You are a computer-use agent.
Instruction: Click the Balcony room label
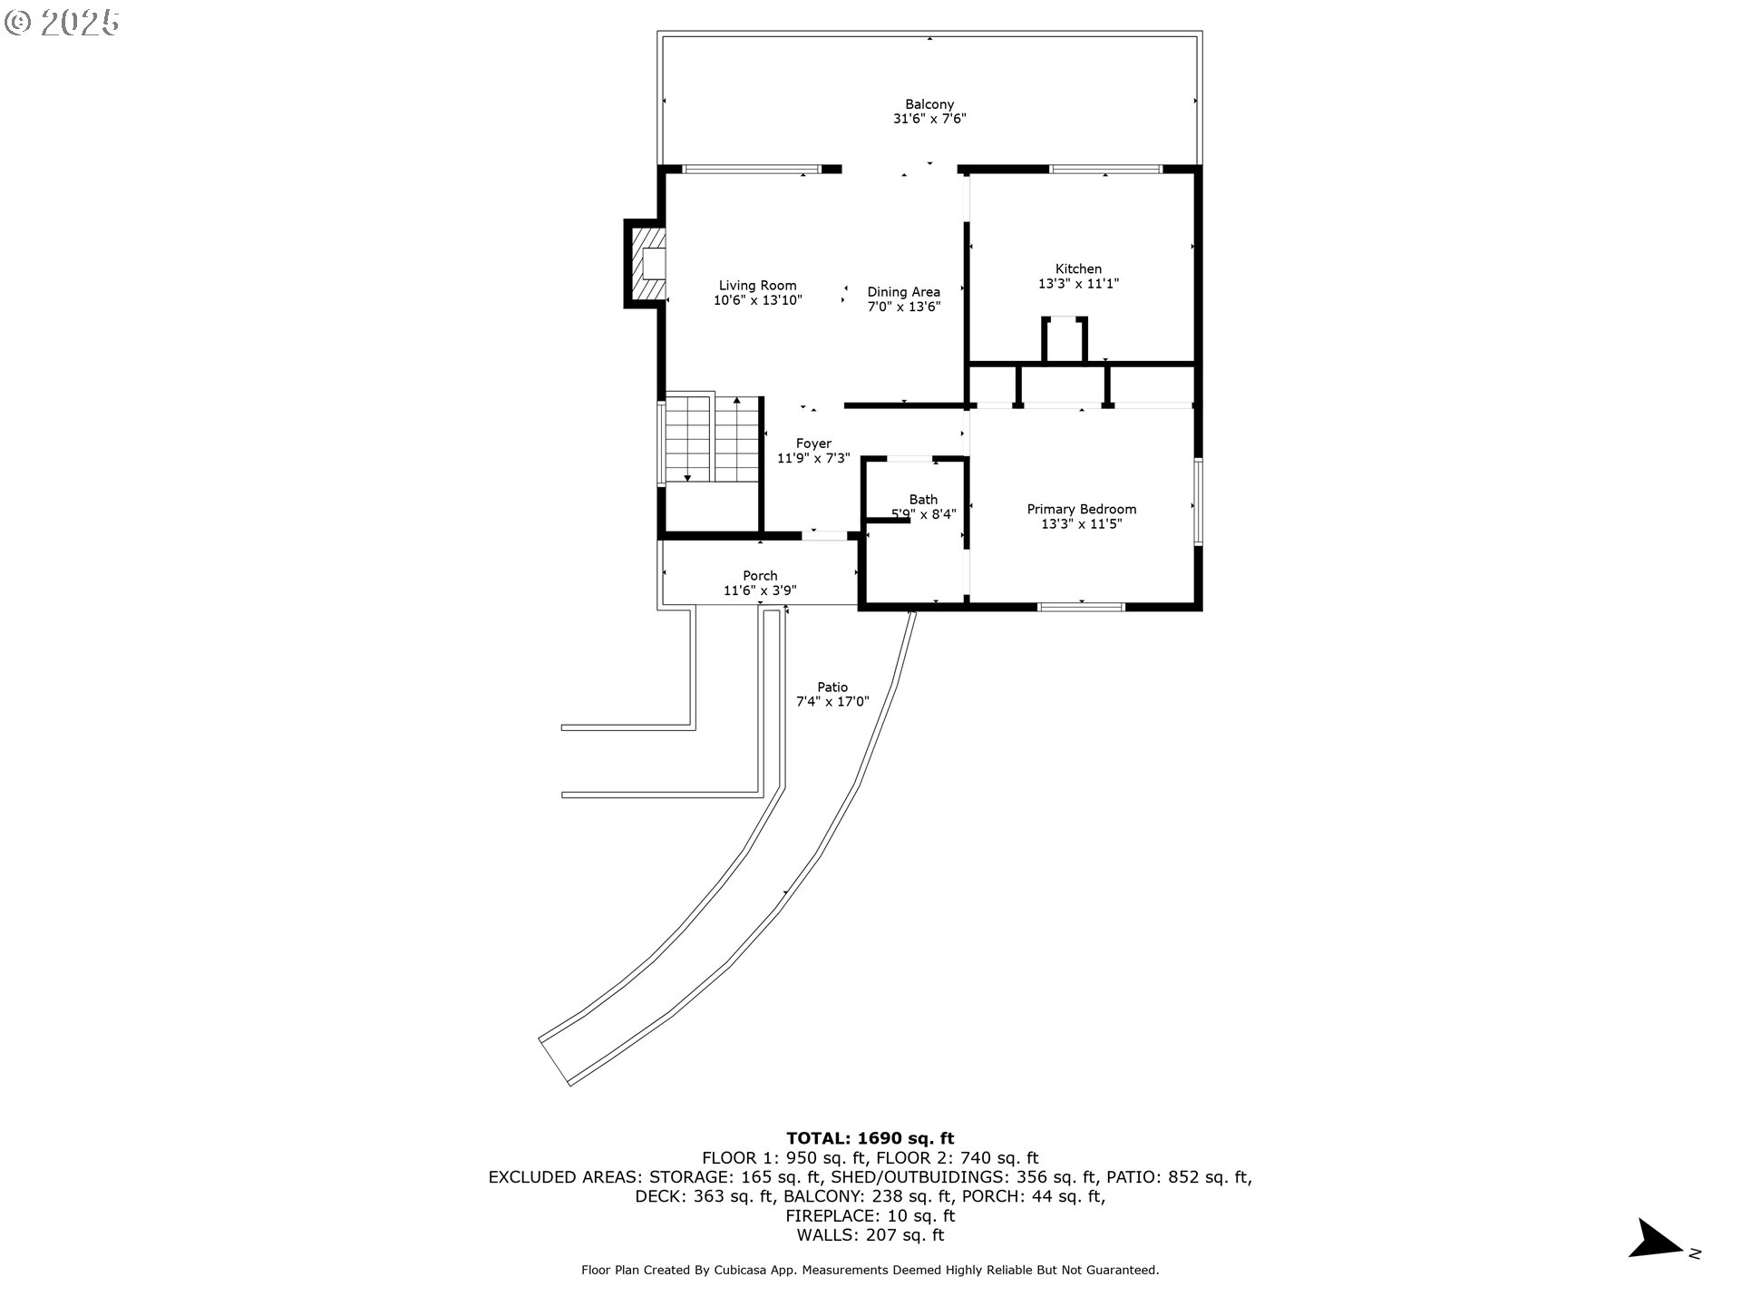[x=929, y=104]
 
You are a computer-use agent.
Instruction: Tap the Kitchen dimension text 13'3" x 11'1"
[x=1079, y=284]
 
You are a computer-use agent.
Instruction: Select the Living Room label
[x=758, y=286]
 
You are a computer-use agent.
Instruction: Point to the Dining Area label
[x=904, y=292]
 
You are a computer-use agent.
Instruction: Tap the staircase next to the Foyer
[x=712, y=439]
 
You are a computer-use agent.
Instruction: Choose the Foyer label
[x=814, y=443]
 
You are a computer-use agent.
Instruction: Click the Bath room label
[x=924, y=500]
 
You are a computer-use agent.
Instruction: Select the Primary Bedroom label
[x=1082, y=510]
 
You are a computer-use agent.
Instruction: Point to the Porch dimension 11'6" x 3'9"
[x=760, y=591]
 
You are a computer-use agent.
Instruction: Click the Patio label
[x=832, y=687]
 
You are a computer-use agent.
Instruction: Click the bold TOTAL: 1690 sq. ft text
[x=870, y=1138]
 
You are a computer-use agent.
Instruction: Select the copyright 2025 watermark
[x=62, y=23]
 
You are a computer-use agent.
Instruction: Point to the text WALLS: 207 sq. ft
[x=870, y=1235]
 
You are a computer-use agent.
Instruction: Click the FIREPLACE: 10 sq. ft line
[x=870, y=1216]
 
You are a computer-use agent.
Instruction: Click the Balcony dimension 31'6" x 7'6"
[x=929, y=119]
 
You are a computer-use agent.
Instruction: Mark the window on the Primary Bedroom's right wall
[x=1198, y=502]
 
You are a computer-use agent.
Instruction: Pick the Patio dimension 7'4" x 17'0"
[x=832, y=702]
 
